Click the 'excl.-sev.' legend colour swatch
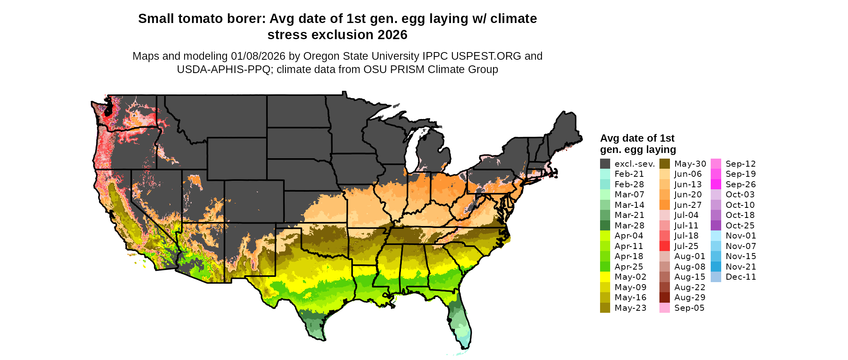coord(605,164)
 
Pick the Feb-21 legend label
coord(629,174)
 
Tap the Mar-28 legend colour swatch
coord(605,226)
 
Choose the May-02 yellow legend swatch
coord(605,277)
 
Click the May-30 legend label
coord(690,164)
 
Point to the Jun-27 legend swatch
coord(664,205)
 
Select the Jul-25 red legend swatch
coord(664,246)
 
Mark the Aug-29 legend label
coord(690,297)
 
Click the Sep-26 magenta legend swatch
coord(716,184)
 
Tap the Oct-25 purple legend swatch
coord(716,226)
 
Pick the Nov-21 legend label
coord(741,267)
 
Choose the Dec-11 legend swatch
coord(716,277)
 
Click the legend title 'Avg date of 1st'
coord(637,138)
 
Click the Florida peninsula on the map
coord(460,323)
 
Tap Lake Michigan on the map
coord(412,153)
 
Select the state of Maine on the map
coord(565,129)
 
